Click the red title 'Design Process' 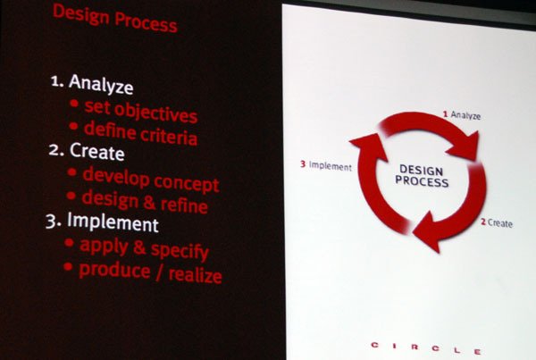point(115,19)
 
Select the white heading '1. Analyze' point(92,84)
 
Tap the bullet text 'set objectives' point(141,112)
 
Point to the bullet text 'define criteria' point(140,133)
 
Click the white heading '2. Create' point(87,151)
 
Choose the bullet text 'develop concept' point(151,180)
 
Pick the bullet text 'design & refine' point(145,202)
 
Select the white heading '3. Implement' point(102,222)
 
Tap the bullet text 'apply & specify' point(144,249)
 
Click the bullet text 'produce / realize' point(150,272)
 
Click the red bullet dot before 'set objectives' point(74,103)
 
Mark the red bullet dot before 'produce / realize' point(68,266)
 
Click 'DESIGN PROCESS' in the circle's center point(422,176)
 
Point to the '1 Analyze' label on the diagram point(462,115)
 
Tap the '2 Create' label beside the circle point(497,223)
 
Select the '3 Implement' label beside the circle point(326,166)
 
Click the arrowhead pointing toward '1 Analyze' point(465,146)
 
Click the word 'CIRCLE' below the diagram point(426,348)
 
